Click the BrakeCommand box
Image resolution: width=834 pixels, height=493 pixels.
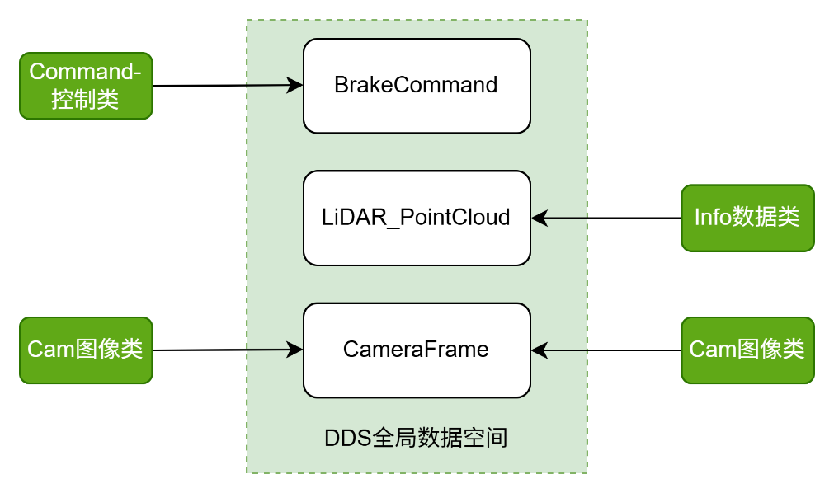coord(417,86)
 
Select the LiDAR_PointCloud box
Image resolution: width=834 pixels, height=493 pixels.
coord(417,218)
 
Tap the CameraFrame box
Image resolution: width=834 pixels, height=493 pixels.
coord(417,350)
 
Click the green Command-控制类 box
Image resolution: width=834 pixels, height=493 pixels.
coord(86,86)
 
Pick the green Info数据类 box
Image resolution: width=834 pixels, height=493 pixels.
coord(747,218)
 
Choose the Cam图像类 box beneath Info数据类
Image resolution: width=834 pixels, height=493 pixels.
coord(747,350)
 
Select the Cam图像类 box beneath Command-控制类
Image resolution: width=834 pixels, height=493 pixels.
coord(86,350)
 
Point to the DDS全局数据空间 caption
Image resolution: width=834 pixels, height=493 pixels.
coord(416,437)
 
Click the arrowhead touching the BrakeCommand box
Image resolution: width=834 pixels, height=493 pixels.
coord(295,85)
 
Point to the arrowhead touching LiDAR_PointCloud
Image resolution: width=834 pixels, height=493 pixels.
coord(539,218)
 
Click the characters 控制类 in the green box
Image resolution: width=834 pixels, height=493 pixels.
coord(86,100)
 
